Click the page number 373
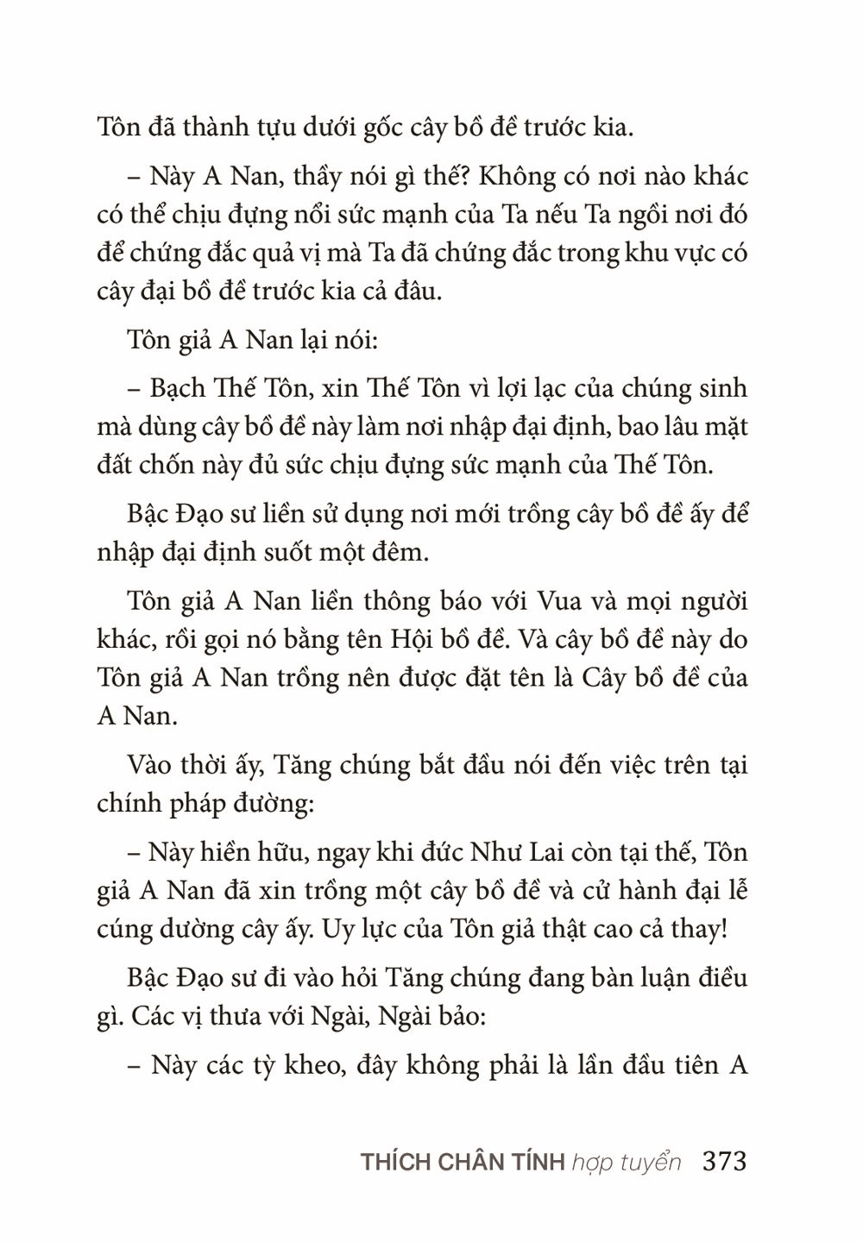(725, 1161)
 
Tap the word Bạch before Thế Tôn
(182, 388)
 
